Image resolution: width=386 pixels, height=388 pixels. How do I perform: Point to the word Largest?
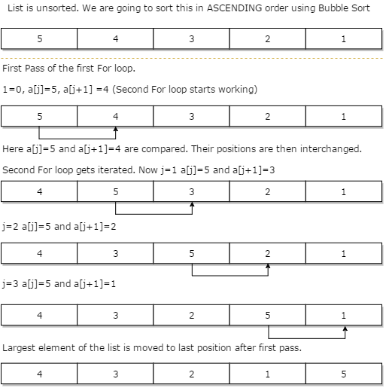[20, 348]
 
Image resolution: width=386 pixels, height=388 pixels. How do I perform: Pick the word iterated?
[120, 170]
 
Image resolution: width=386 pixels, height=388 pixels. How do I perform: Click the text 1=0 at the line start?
[11, 90]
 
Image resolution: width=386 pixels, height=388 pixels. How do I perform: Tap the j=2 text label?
[12, 226]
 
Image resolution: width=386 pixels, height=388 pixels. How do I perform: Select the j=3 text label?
[12, 283]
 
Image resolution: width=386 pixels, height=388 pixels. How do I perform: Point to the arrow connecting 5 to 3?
[153, 214]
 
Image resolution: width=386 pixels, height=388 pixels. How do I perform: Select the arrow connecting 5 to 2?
[230, 275]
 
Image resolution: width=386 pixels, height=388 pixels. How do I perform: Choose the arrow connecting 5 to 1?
[307, 338]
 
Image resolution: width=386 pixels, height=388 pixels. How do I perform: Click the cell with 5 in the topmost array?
[39, 38]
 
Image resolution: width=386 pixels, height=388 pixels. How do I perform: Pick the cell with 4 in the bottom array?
[39, 372]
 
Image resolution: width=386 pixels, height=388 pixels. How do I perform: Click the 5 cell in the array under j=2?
[192, 253]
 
